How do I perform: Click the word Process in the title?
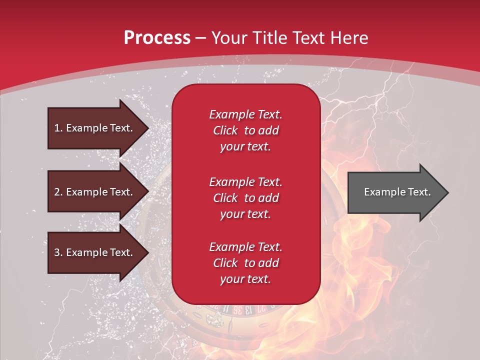[x=157, y=37]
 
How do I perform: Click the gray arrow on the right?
[x=390, y=192]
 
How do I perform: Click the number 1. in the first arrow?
[x=58, y=128]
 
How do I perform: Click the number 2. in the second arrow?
[x=58, y=192]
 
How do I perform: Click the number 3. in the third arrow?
[x=58, y=252]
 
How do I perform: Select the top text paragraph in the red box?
[x=245, y=130]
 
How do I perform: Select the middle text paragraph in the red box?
[x=245, y=197]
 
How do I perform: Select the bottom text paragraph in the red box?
[x=245, y=263]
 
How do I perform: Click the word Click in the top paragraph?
[x=225, y=130]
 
